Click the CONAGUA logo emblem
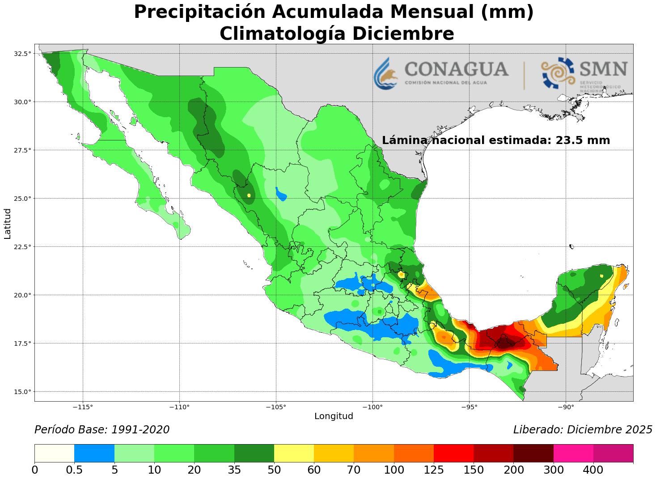(385, 73)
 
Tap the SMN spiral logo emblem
(558, 72)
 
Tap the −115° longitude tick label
(83, 407)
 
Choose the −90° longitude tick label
(566, 407)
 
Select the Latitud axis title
(8, 223)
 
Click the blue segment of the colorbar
(94, 453)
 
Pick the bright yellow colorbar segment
(294, 453)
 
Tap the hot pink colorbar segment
(573, 453)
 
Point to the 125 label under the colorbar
(434, 470)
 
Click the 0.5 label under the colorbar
(74, 470)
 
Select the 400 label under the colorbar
(593, 470)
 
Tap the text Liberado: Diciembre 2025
(583, 430)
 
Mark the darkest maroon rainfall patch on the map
(506, 343)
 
